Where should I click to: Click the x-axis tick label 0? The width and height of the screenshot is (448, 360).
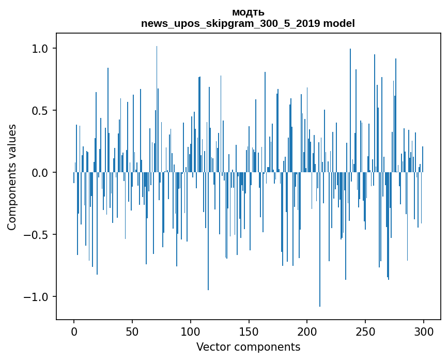tap(74, 332)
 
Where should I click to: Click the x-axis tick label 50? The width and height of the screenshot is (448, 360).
tap(132, 332)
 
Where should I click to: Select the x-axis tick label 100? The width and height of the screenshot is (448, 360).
tap(191, 332)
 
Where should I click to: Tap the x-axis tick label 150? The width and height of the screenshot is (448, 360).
tap(249, 332)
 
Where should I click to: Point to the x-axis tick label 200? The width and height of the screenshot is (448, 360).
tap(307, 332)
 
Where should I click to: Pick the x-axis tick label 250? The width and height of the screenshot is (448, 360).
tap(366, 332)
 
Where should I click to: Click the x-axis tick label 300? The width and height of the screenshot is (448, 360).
tap(424, 332)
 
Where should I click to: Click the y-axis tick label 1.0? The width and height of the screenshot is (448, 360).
tap(40, 49)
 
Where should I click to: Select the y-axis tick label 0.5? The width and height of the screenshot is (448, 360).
tap(40, 111)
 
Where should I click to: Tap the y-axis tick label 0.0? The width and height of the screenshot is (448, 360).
tap(40, 173)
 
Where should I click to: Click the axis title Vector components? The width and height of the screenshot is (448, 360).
tap(248, 347)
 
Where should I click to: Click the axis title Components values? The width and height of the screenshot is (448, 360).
tap(12, 177)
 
